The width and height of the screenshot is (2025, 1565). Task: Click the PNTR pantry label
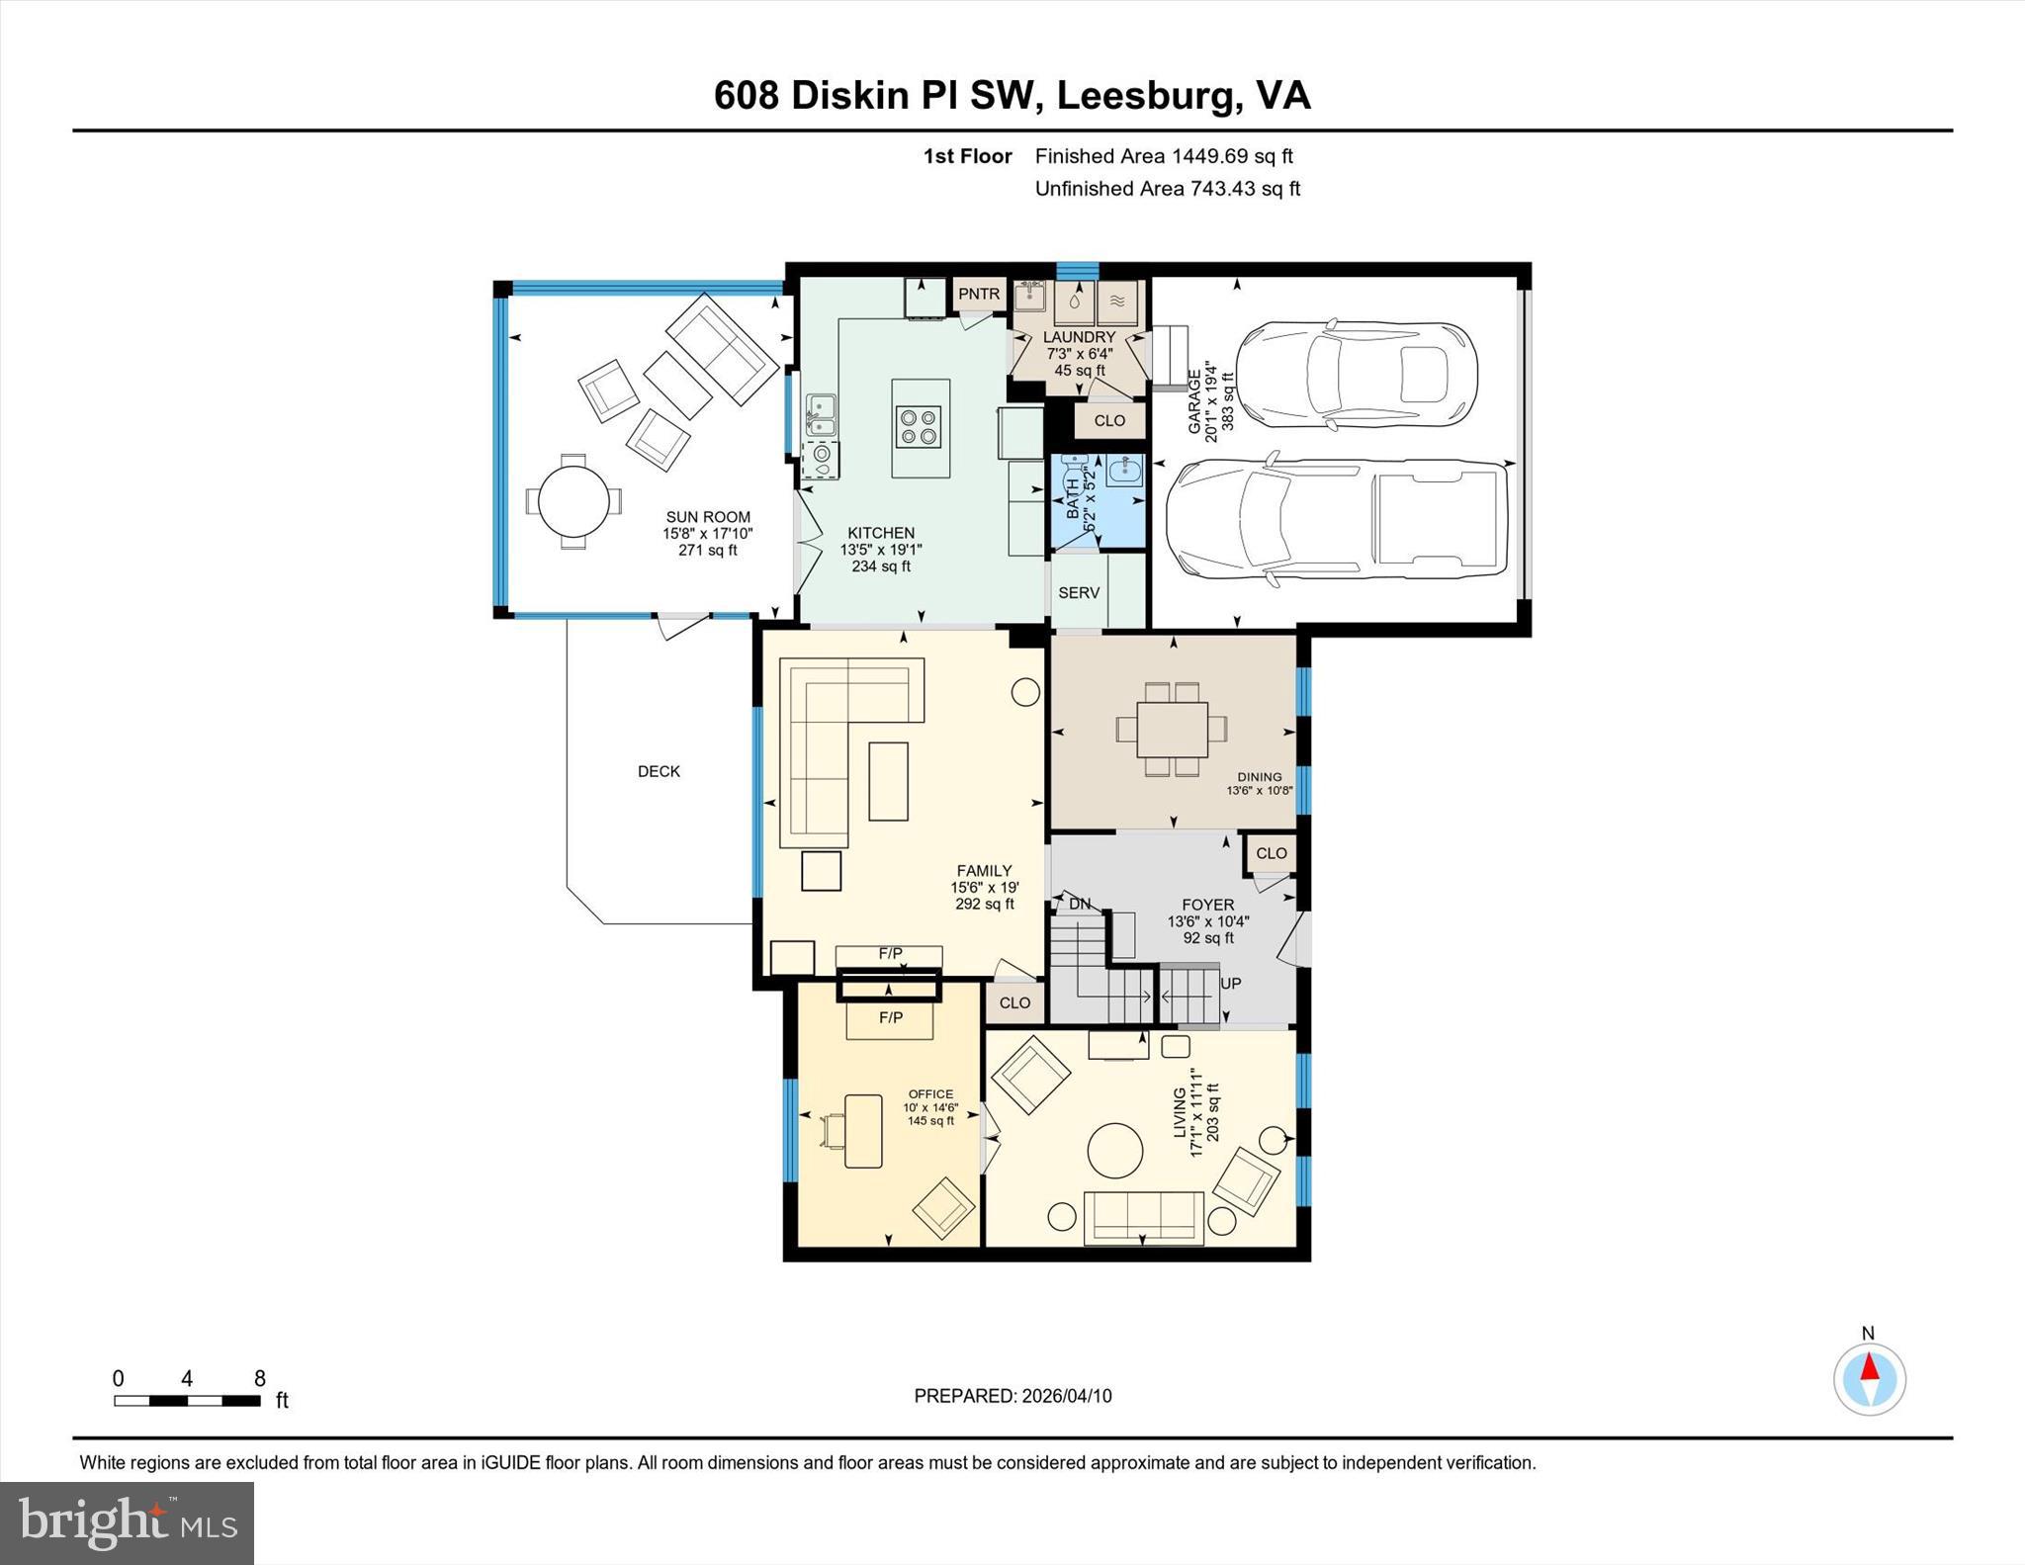pos(979,294)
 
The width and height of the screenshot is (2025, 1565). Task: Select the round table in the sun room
pos(573,501)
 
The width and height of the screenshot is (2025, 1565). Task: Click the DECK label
pos(659,771)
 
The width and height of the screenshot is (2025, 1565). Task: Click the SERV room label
pos(1079,592)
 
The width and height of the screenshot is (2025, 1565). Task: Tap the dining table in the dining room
pos(1172,729)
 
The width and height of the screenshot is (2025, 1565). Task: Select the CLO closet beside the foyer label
pos(1272,853)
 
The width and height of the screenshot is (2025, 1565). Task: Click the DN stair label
pos(1080,904)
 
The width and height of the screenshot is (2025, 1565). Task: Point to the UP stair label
pos(1230,984)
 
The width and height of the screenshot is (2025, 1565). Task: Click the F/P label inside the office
pos(890,1017)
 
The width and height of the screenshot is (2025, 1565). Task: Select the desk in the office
pos(863,1130)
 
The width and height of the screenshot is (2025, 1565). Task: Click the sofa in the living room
pos(1144,1216)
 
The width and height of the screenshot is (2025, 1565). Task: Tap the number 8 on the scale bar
pos(260,1378)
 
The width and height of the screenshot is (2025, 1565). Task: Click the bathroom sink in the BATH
pos(1124,470)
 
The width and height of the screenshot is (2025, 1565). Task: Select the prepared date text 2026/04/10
pos(1066,1396)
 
